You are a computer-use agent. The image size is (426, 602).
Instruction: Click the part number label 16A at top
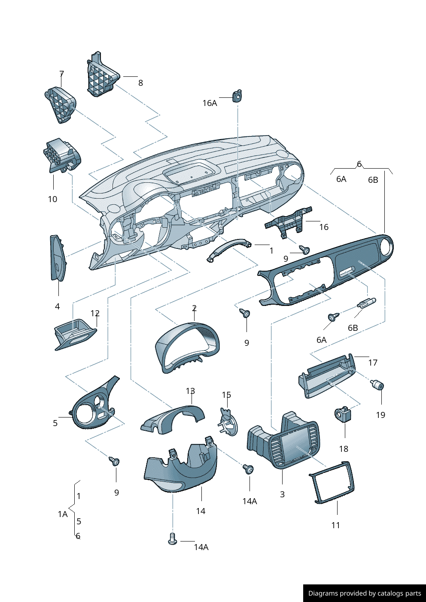(210, 103)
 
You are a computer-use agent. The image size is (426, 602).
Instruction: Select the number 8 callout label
(140, 83)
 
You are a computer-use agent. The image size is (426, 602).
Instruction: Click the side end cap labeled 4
(57, 258)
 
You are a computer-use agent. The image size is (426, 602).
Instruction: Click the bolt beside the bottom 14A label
(173, 539)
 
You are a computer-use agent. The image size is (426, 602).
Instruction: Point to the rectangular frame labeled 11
(332, 483)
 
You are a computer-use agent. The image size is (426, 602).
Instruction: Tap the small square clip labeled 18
(343, 414)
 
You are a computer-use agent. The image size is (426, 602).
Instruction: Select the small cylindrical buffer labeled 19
(377, 385)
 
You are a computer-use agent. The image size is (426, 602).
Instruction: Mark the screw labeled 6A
(333, 317)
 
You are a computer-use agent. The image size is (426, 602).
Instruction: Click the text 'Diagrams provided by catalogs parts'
(365, 593)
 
